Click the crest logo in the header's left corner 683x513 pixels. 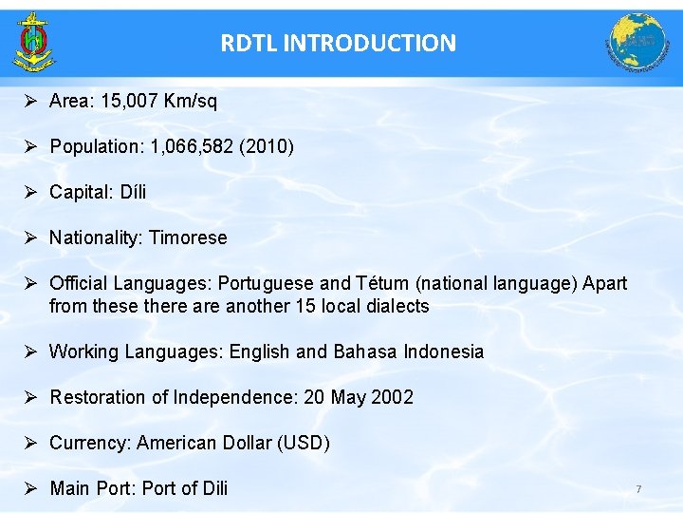[33, 42]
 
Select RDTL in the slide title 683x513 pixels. [249, 43]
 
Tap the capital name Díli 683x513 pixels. [133, 192]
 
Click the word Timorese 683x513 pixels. [188, 237]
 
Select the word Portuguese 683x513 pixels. [267, 283]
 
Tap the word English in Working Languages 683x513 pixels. [259, 351]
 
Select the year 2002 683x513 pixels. [393, 397]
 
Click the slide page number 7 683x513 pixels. [638, 489]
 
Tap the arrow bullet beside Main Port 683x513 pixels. [30, 488]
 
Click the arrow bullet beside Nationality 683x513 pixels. [30, 237]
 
